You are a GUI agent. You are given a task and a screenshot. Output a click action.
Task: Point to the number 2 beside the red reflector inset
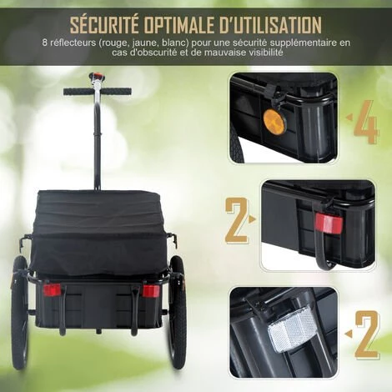pyautogui.click(x=236, y=224)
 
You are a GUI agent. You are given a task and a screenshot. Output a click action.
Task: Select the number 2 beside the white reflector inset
pyautogui.click(x=367, y=333)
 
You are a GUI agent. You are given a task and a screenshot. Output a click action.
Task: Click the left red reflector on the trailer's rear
pyautogui.click(x=52, y=290)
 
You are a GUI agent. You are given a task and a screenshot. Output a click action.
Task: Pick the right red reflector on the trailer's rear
pyautogui.click(x=151, y=291)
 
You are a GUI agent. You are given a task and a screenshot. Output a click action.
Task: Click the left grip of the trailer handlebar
pyautogui.click(x=76, y=91)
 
